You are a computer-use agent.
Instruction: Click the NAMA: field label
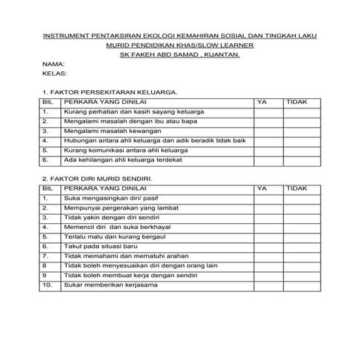point(52,63)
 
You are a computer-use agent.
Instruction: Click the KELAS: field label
point(54,73)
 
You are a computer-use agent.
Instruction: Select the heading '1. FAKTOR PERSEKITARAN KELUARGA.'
point(109,93)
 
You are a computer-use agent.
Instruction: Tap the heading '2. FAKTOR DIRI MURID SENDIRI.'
point(97,178)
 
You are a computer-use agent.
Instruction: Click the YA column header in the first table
point(263,103)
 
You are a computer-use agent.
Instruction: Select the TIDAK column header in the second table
point(297,188)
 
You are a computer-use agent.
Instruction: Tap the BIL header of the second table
point(48,188)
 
